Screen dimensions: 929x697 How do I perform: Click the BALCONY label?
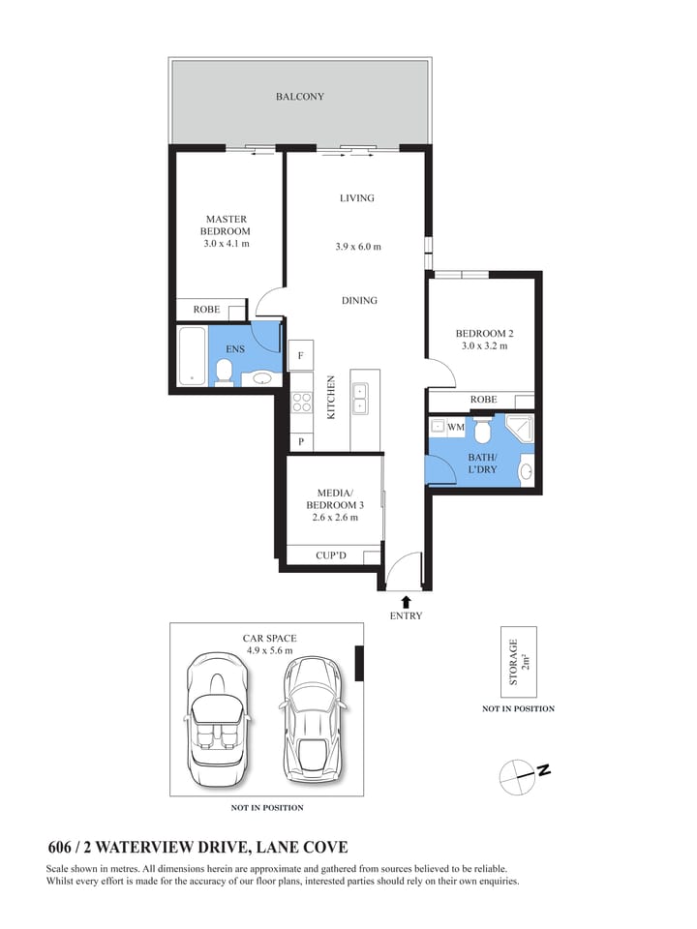[299, 97]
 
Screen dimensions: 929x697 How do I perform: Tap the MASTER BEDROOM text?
[225, 225]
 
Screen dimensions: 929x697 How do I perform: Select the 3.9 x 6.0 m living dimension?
[357, 247]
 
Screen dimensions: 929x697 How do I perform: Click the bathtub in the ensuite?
[194, 355]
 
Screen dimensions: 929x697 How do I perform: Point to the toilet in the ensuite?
[224, 372]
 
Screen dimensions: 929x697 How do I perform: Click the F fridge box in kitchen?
[301, 356]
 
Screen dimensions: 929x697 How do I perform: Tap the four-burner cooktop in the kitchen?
[301, 400]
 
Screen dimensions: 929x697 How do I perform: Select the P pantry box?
[301, 441]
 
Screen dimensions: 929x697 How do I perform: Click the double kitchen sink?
[360, 398]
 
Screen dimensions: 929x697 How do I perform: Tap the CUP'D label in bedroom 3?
[331, 555]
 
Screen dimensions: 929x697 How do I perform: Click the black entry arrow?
[406, 601]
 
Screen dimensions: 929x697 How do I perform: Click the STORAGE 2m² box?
[518, 662]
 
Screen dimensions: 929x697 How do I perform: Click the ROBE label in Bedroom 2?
[483, 400]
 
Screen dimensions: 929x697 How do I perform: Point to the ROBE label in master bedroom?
[206, 310]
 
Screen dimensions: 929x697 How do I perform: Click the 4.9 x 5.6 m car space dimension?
[269, 651]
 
